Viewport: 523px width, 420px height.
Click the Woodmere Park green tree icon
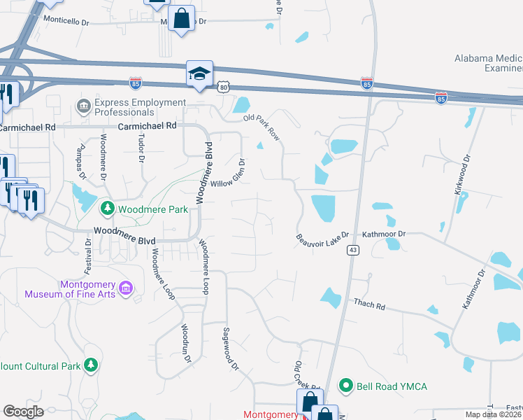pyautogui.click(x=107, y=208)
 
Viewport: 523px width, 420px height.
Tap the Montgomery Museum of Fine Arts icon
pyautogui.click(x=127, y=288)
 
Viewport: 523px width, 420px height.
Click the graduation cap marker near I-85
pyautogui.click(x=199, y=73)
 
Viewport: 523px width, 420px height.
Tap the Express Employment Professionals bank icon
pyautogui.click(x=83, y=106)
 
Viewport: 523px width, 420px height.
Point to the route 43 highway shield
pyautogui.click(x=352, y=251)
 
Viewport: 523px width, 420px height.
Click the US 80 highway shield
pyautogui.click(x=223, y=86)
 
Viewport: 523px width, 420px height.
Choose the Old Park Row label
pyautogui.click(x=261, y=127)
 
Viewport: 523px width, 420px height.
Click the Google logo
pyautogui.click(x=23, y=412)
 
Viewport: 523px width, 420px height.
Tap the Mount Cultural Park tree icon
pyautogui.click(x=90, y=365)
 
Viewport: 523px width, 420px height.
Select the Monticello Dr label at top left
pyautogui.click(x=67, y=21)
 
